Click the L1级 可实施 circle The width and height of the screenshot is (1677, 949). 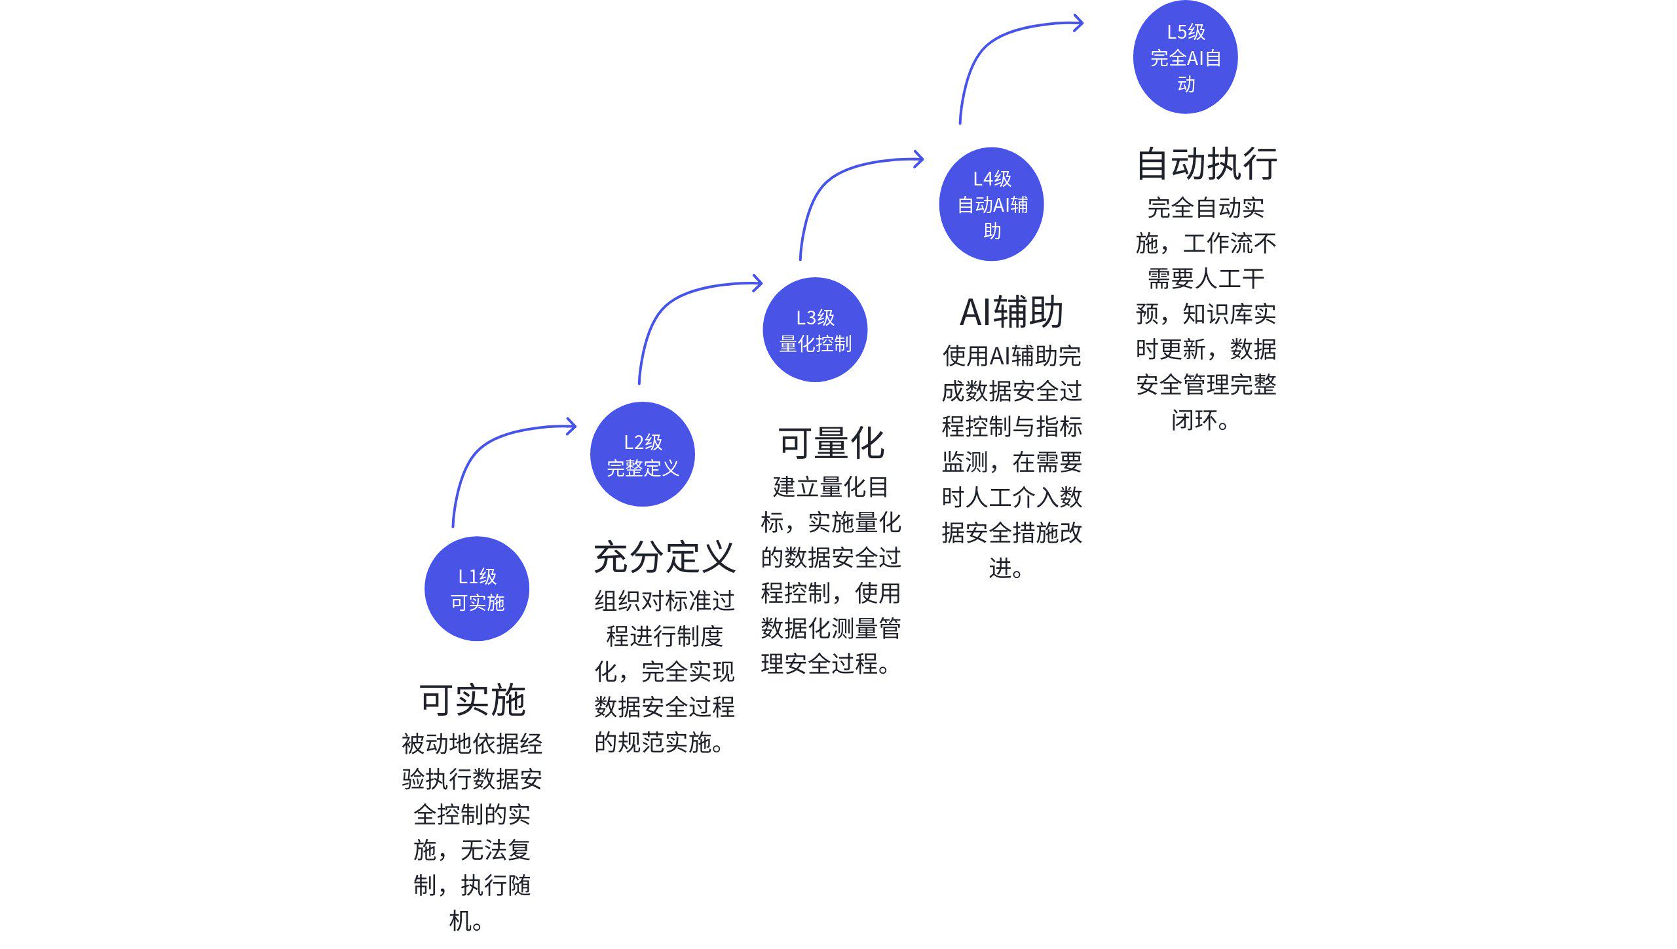tap(477, 589)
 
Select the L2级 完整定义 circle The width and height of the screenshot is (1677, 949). tap(643, 454)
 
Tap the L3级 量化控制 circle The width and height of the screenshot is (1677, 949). tap(816, 330)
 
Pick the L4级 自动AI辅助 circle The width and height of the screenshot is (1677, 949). tap(992, 204)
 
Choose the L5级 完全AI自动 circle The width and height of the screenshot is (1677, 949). tap(1186, 57)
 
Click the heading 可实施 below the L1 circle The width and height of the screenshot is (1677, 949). tap(472, 700)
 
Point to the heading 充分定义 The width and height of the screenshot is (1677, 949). tap(664, 557)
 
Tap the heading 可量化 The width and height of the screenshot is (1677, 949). tap(831, 443)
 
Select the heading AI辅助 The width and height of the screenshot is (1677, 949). tap(1011, 312)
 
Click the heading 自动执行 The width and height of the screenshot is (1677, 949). tap(1206, 163)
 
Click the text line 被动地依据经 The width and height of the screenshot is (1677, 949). tap(472, 744)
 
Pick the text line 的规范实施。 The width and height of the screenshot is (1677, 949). tap(660, 743)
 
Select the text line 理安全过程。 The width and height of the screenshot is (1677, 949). tap(826, 664)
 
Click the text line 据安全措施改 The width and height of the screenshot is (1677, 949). tap(1011, 533)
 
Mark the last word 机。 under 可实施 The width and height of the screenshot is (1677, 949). tap(466, 921)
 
